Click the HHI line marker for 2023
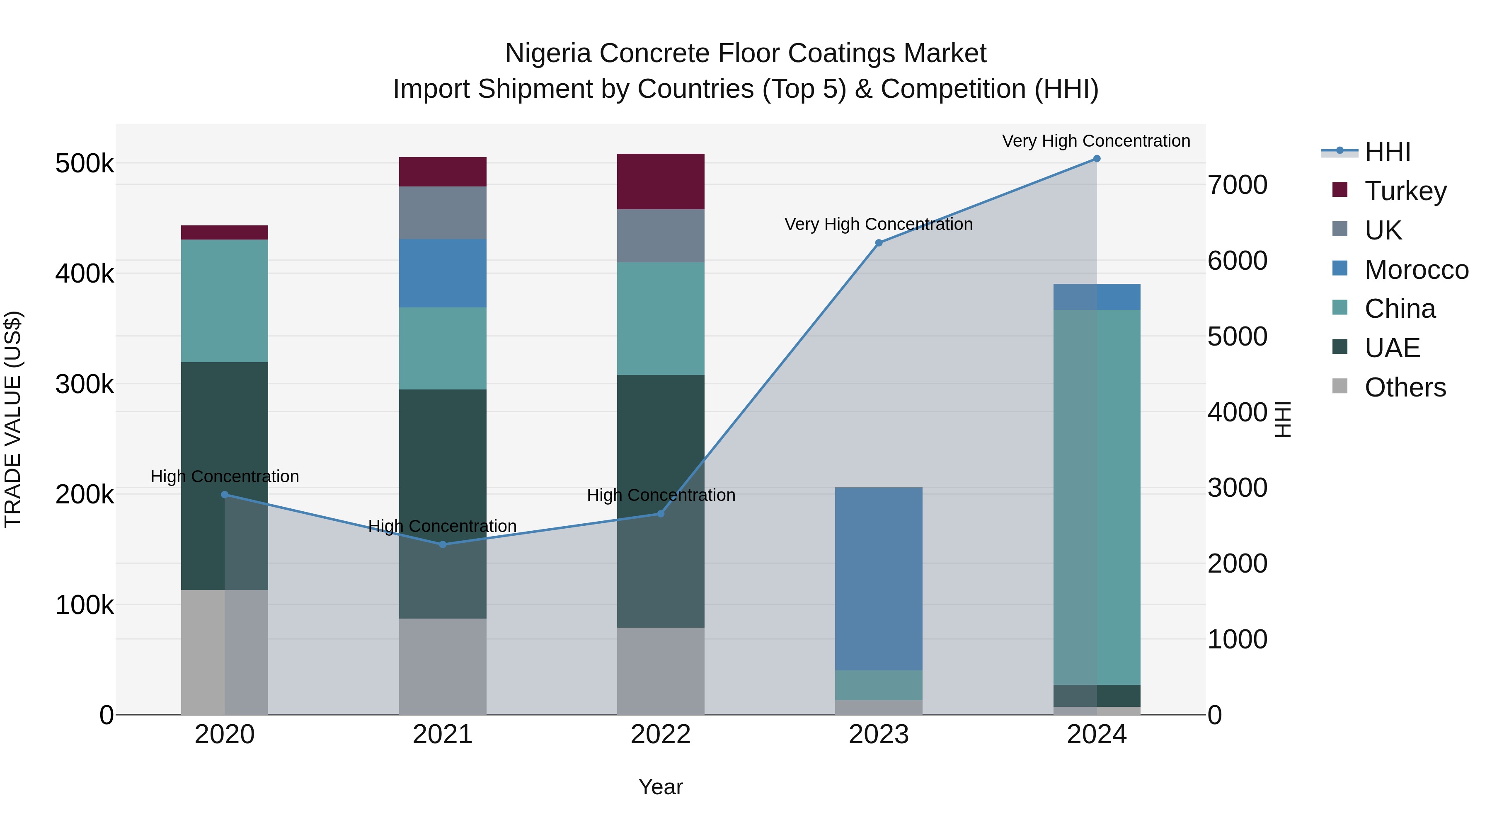tap(879, 243)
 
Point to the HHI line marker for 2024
tap(1096, 159)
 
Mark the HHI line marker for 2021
tap(443, 544)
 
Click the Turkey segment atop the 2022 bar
tap(660, 181)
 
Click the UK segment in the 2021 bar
tap(443, 213)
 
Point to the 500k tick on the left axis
tap(85, 164)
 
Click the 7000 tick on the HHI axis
tap(1237, 185)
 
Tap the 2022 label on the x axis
tap(660, 735)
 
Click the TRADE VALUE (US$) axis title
tap(13, 419)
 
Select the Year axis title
tap(660, 787)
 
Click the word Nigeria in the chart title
tap(548, 53)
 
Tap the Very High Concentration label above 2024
tap(1096, 141)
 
